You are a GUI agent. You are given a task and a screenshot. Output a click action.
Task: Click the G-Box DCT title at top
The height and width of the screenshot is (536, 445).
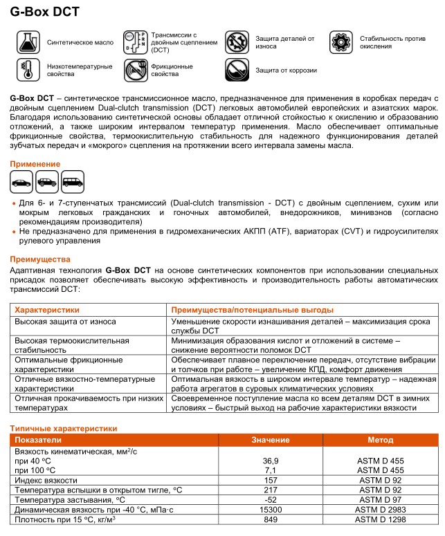(x=45, y=12)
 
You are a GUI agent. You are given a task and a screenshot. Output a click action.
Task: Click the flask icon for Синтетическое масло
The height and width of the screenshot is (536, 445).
(x=28, y=42)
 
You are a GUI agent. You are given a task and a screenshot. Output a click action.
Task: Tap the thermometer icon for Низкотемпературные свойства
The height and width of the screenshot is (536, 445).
(x=28, y=70)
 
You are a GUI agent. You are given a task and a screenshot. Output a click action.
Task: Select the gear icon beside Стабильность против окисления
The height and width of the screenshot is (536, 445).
(x=341, y=42)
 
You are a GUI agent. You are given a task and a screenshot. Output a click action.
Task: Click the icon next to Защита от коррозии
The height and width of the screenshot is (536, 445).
(x=237, y=70)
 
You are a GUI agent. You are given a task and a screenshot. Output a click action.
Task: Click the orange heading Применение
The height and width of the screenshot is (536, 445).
(x=35, y=164)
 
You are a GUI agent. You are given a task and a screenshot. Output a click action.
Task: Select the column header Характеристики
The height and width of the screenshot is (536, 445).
(x=48, y=310)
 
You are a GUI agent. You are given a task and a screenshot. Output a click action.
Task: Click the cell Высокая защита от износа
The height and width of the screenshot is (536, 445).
(x=66, y=322)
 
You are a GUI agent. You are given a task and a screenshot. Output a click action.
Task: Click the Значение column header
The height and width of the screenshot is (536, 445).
(x=271, y=440)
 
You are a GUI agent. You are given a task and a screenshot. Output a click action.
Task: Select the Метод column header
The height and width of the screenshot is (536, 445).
(x=381, y=440)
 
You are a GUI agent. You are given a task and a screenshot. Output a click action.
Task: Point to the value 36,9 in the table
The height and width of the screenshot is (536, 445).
(x=271, y=460)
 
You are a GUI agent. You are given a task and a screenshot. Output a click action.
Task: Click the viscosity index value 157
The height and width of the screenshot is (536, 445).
(x=271, y=479)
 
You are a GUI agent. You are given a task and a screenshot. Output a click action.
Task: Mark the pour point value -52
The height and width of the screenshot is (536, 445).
(x=271, y=499)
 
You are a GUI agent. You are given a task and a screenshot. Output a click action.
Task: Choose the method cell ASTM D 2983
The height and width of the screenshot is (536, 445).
(x=381, y=509)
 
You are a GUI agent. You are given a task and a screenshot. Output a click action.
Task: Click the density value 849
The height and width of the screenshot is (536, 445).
(x=271, y=519)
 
